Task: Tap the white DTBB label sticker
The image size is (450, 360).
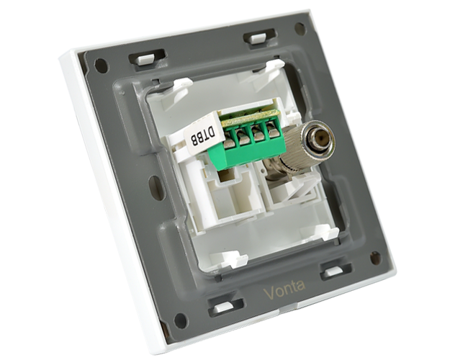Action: tap(202, 135)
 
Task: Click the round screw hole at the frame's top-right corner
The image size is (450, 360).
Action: tap(300, 28)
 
